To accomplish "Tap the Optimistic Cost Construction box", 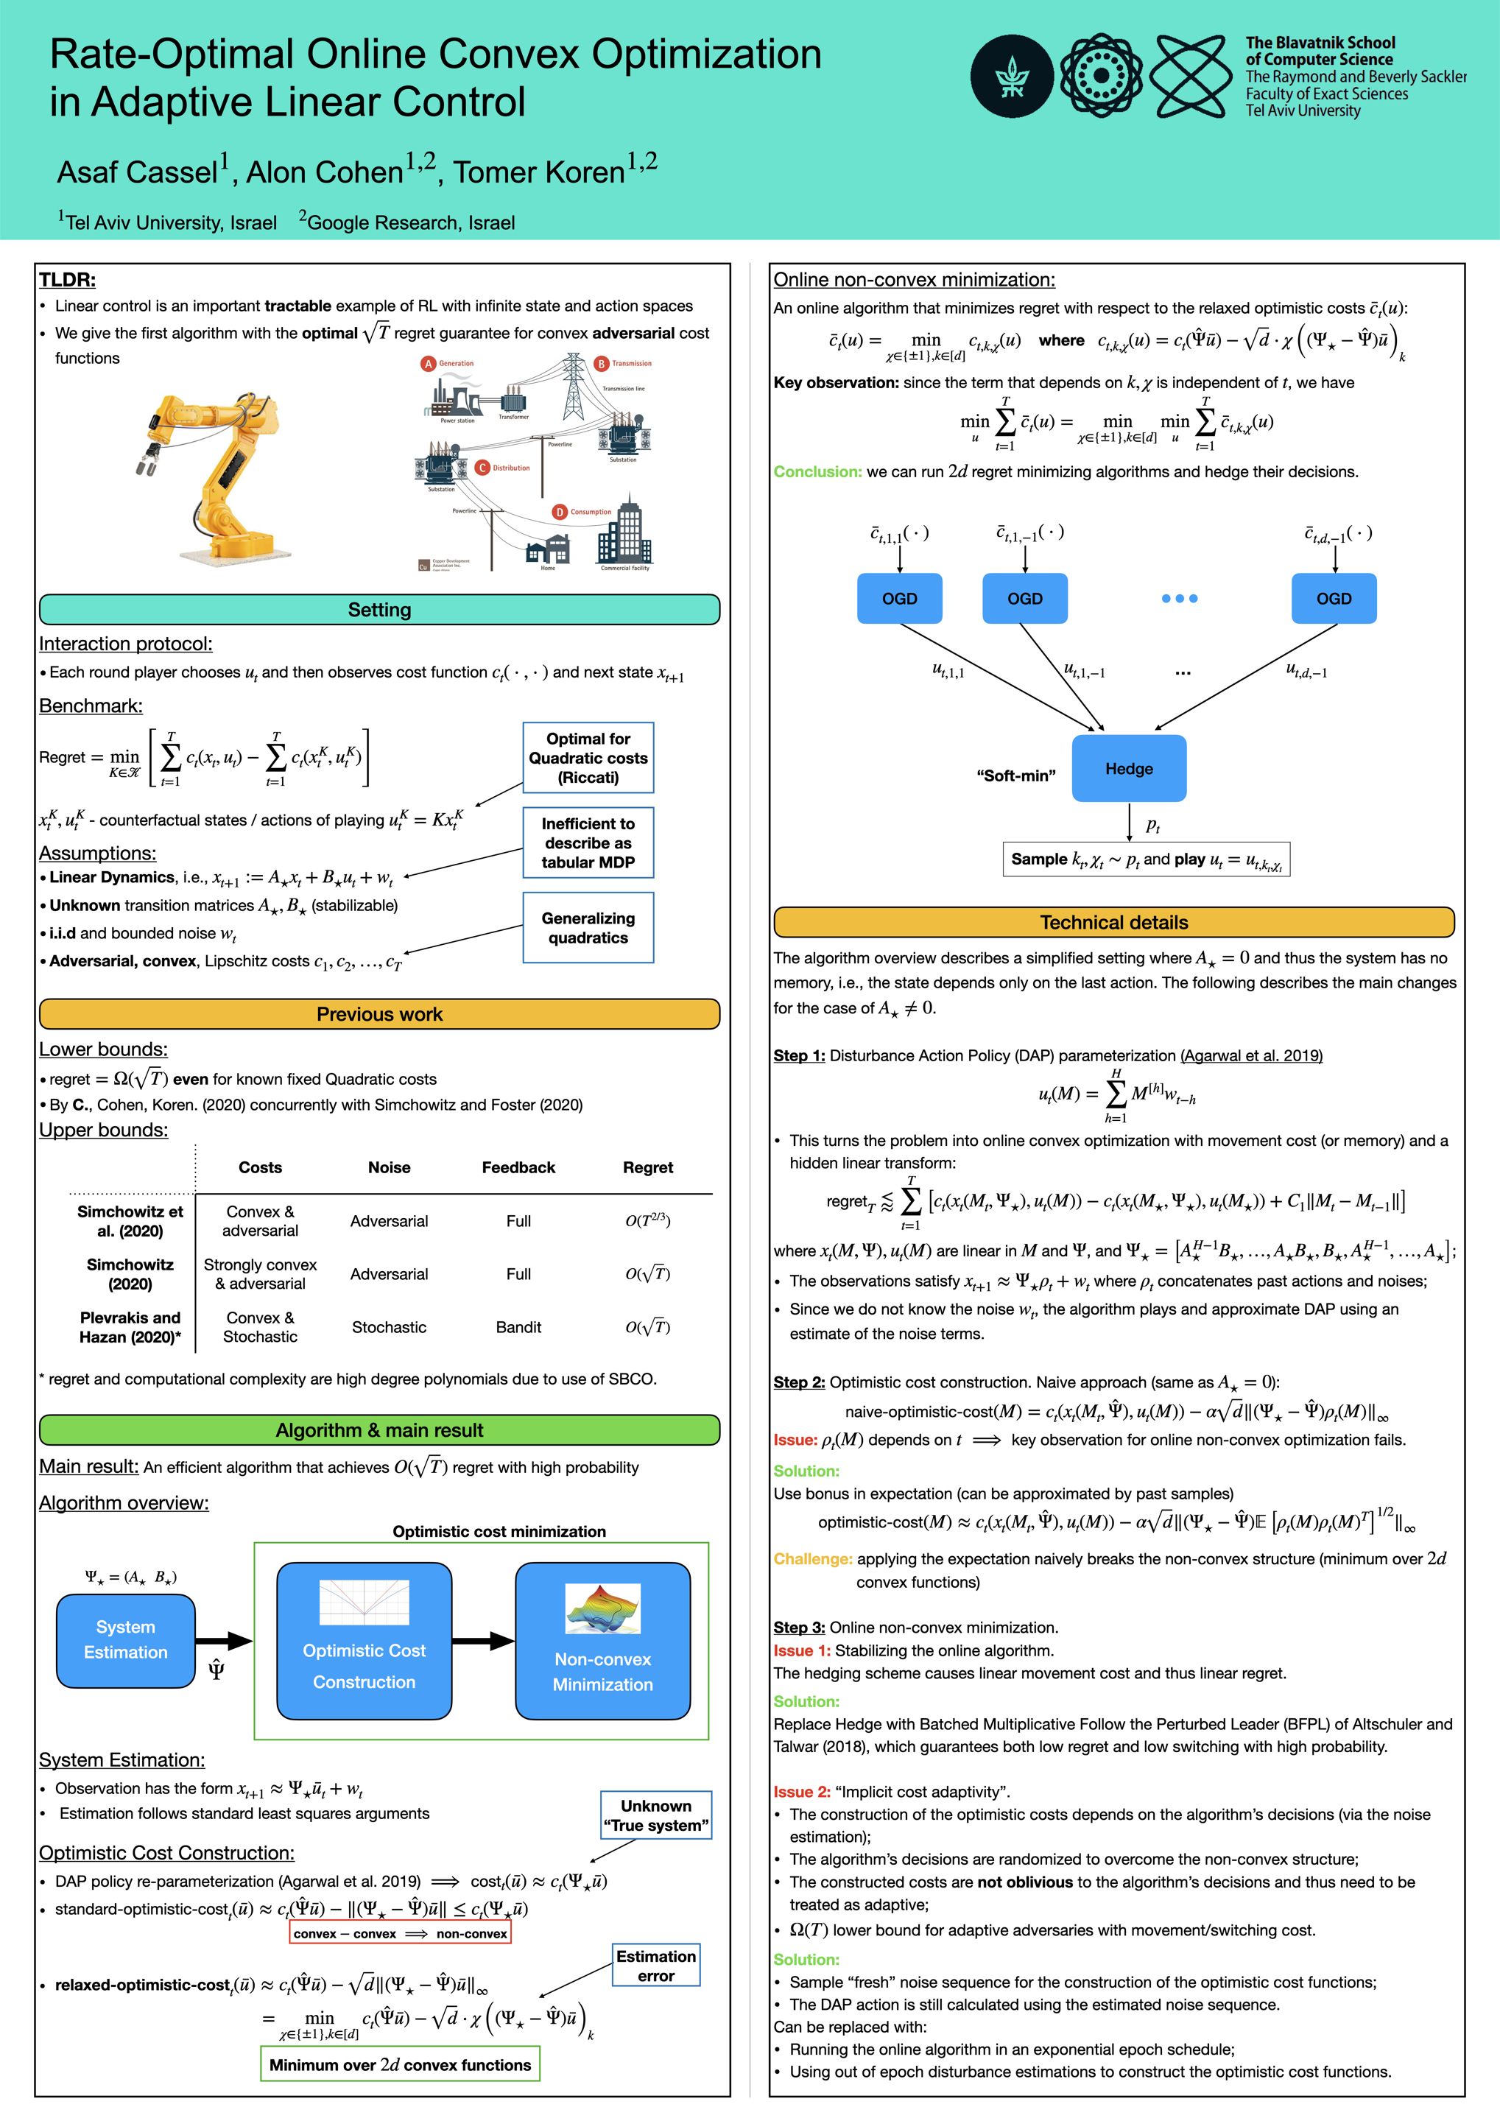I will click(x=364, y=1641).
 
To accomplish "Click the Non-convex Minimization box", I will click(x=602, y=1641).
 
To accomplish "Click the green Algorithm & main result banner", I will click(x=378, y=1430).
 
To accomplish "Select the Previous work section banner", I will click(x=378, y=1014).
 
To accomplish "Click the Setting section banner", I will click(x=378, y=610).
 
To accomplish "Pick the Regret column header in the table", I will click(x=647, y=1168).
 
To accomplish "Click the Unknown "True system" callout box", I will click(x=656, y=1815).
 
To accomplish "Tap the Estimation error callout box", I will click(x=656, y=1966).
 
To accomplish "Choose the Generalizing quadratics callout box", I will click(x=588, y=927).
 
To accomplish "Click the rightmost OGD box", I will click(x=1333, y=599).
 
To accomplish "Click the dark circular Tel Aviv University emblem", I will click(x=1011, y=77).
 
